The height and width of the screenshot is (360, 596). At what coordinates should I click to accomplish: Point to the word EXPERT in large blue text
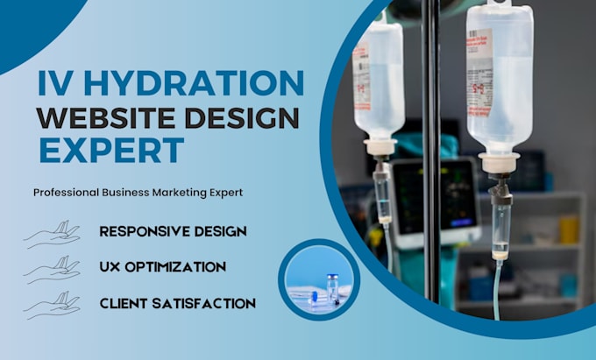point(110,149)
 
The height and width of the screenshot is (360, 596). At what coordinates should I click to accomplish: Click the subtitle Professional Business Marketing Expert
point(137,191)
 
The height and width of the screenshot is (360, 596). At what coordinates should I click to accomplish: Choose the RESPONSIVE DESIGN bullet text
point(173,231)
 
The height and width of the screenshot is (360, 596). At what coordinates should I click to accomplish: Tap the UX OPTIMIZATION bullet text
point(163,266)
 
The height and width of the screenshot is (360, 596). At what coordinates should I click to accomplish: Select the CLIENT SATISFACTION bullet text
point(177,303)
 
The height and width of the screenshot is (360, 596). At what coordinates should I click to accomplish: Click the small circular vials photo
point(319,280)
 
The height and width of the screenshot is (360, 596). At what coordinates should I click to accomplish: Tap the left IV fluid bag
point(379,79)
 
